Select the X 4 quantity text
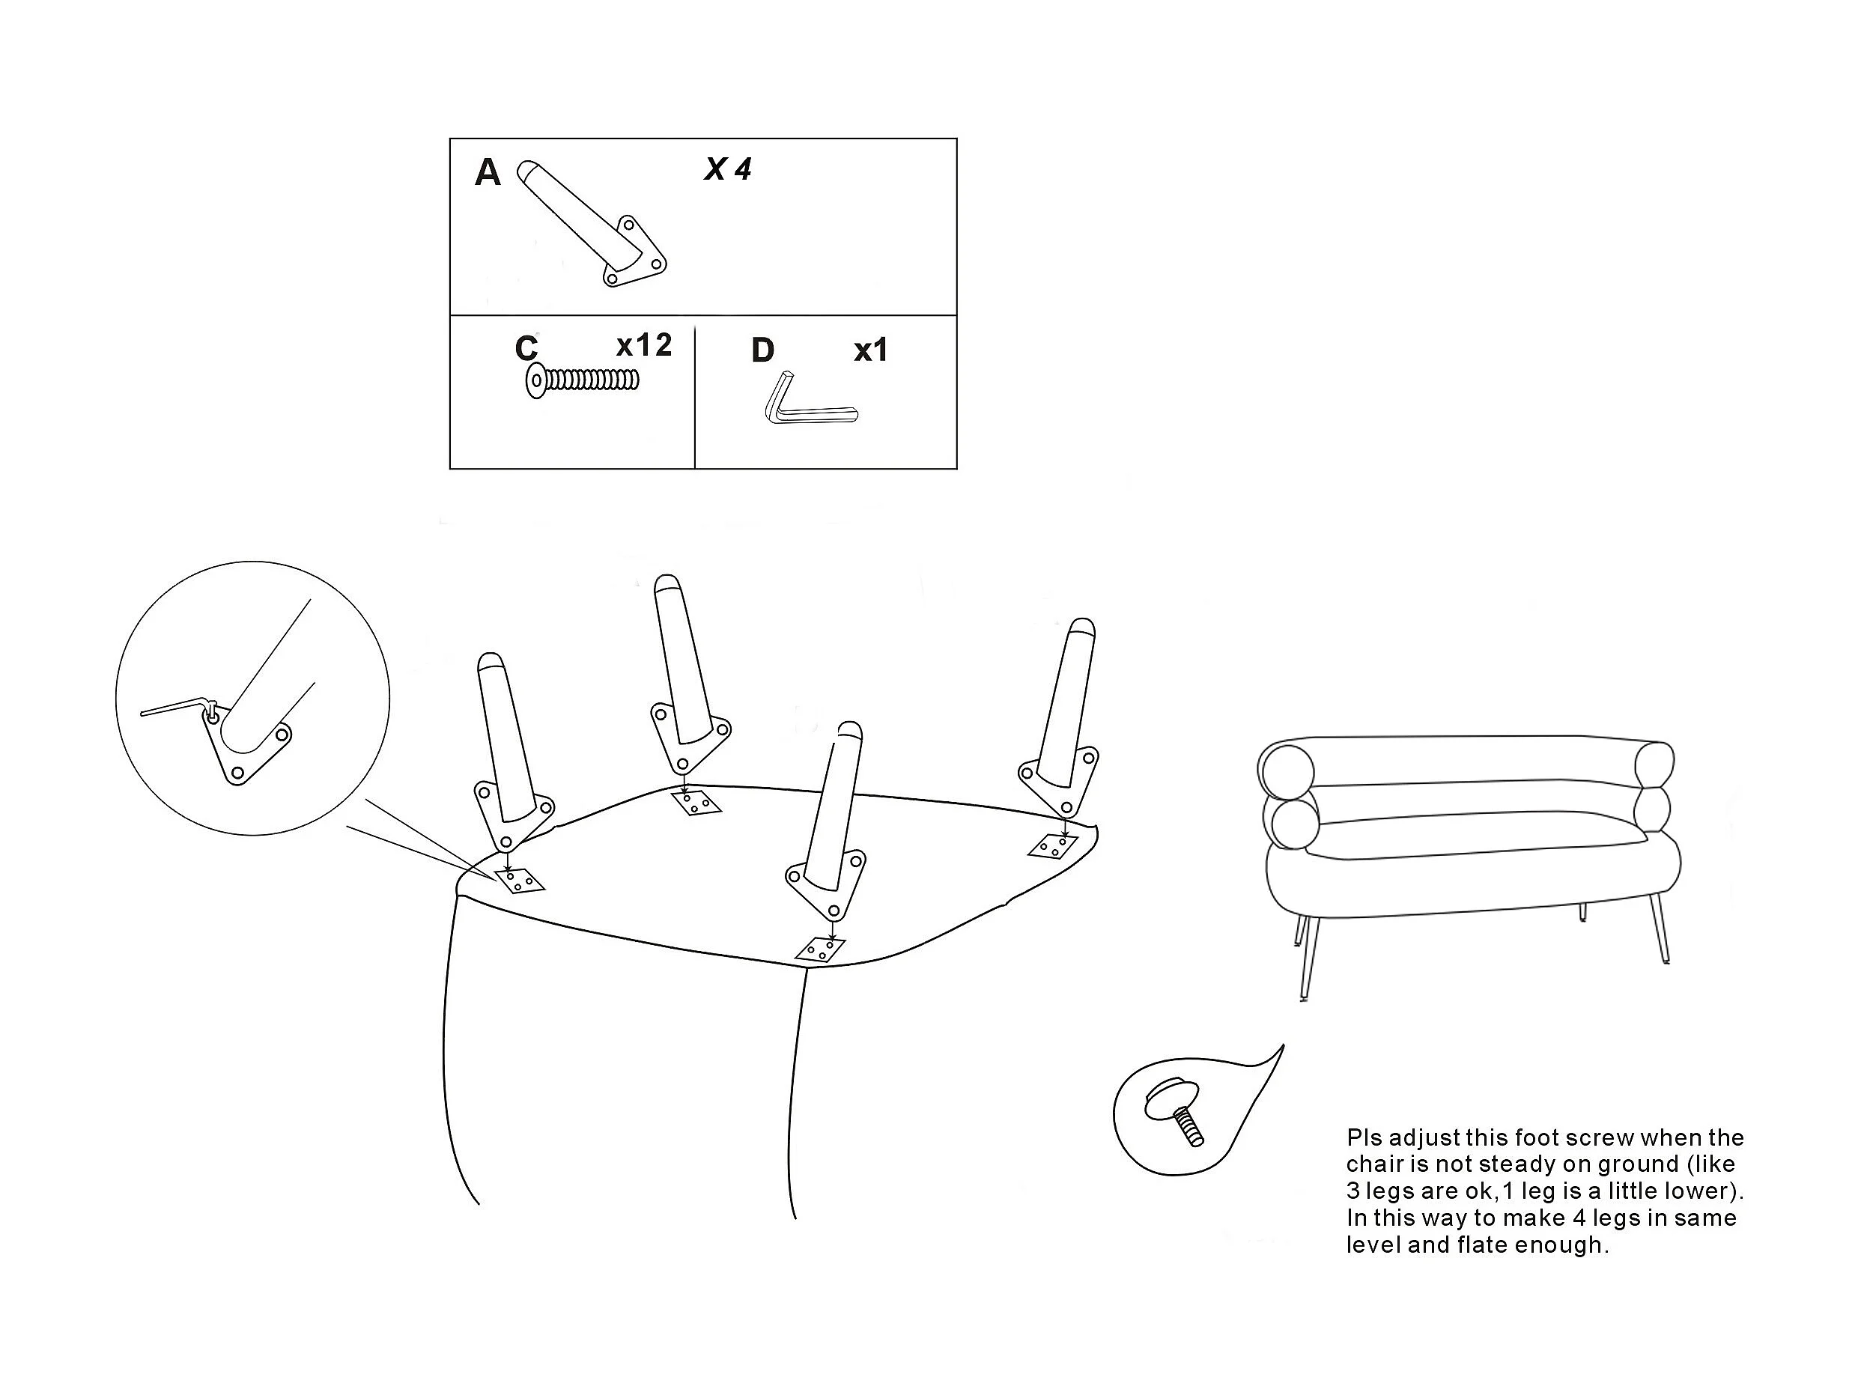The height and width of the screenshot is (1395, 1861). tap(728, 170)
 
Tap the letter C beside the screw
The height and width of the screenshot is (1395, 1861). tap(526, 348)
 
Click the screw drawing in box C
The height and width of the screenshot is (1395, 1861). tap(582, 380)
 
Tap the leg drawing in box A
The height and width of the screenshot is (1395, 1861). tap(592, 224)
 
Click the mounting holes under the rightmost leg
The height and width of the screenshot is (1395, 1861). tap(1052, 845)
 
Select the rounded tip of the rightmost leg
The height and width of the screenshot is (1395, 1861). tap(1081, 627)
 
